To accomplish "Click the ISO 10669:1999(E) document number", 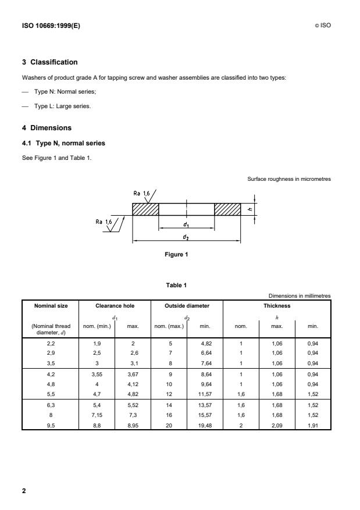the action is pyautogui.click(x=51, y=26).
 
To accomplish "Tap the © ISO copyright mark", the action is pyautogui.click(x=323, y=26).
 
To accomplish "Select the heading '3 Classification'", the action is pyautogui.click(x=50, y=62).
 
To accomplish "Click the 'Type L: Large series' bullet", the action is pyautogui.click(x=62, y=106).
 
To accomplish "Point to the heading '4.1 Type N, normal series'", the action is pyautogui.click(x=63, y=143).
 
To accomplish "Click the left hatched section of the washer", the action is pyautogui.click(x=145, y=209).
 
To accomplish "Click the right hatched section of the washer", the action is pyautogui.click(x=227, y=209).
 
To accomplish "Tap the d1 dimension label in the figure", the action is pyautogui.click(x=186, y=224).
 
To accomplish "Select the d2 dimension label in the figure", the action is pyautogui.click(x=186, y=237).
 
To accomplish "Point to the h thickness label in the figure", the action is pyautogui.click(x=249, y=209).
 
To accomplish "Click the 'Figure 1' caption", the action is pyautogui.click(x=176, y=254).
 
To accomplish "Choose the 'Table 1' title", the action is pyautogui.click(x=176, y=286).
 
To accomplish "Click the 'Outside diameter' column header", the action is pyautogui.click(x=187, y=306).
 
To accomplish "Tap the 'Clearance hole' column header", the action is pyautogui.click(x=115, y=306).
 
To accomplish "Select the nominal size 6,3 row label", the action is pyautogui.click(x=51, y=405).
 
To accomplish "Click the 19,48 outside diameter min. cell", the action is pyautogui.click(x=205, y=426).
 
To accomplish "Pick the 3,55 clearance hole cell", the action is pyautogui.click(x=97, y=375).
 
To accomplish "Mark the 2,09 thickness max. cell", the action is pyautogui.click(x=277, y=426).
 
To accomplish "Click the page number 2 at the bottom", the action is pyautogui.click(x=24, y=491).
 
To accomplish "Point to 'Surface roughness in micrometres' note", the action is pyautogui.click(x=289, y=179).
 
